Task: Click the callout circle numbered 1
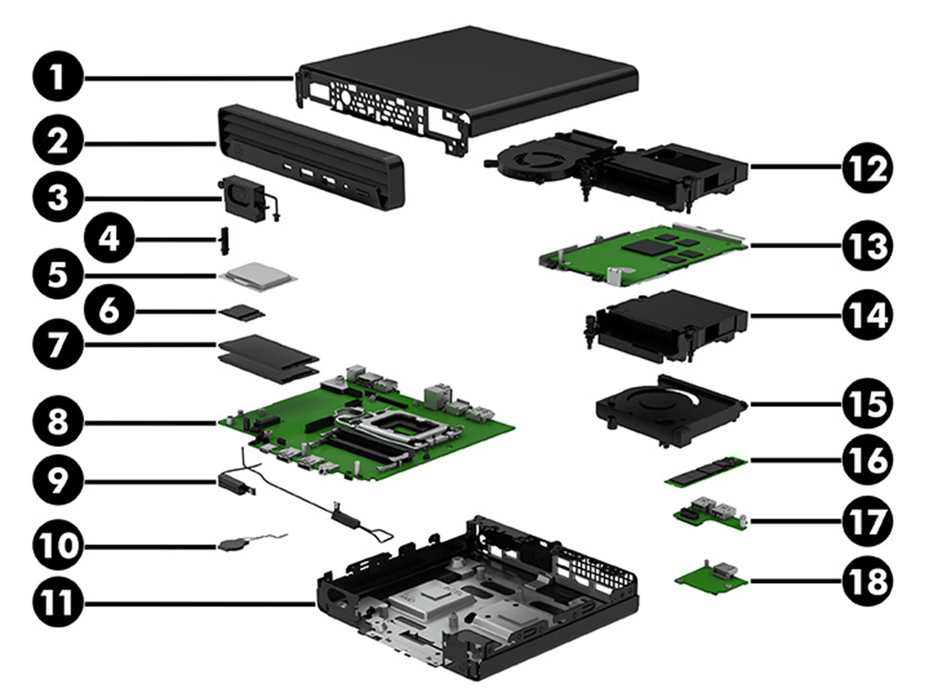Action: click(57, 78)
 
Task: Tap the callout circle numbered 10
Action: click(57, 545)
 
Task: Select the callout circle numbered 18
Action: click(867, 581)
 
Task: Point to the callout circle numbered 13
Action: click(867, 245)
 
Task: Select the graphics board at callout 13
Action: click(644, 256)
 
